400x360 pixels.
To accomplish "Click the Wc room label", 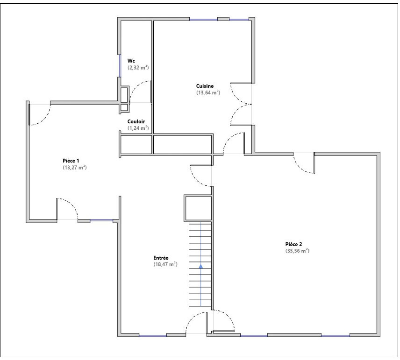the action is (131, 61).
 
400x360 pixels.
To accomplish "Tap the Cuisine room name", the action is (205, 86).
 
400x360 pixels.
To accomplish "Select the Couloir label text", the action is (136, 121).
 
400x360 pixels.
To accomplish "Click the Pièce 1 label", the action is (71, 161).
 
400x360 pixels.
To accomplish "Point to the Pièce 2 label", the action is (293, 244).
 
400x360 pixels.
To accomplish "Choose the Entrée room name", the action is (161, 258).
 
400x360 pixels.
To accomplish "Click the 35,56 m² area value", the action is (298, 251).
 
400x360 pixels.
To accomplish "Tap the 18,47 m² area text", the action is (165, 264).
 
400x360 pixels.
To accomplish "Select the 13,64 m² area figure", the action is (208, 92).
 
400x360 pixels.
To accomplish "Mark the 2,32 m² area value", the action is (138, 68).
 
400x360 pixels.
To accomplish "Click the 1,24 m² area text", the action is (138, 128).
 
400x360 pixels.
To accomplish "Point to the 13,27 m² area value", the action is (75, 168).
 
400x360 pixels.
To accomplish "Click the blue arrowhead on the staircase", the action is (201, 266).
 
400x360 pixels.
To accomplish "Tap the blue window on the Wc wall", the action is (120, 65).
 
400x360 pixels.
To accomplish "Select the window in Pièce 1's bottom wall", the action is (101, 220).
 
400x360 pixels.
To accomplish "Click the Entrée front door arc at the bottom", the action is (193, 317).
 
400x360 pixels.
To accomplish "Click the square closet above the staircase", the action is (198, 208).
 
